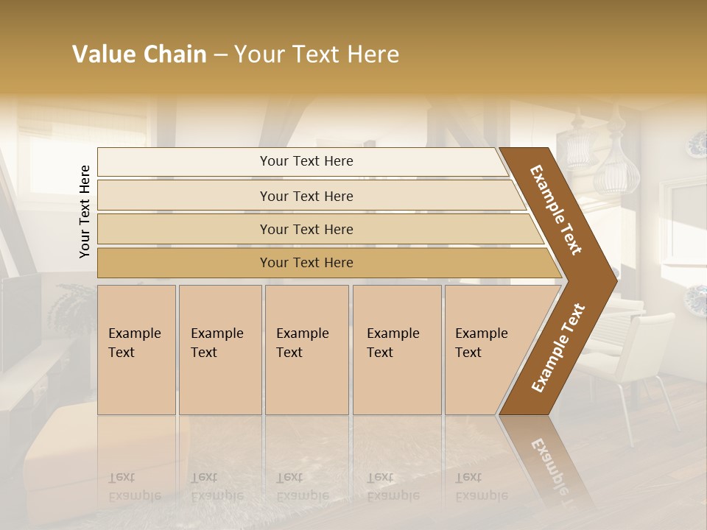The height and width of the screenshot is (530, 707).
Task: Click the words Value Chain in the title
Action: pos(139,54)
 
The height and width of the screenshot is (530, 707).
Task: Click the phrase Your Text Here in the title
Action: pos(317,54)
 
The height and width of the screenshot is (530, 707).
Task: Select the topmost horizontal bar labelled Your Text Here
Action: pos(306,161)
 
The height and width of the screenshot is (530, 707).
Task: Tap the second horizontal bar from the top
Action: pos(306,196)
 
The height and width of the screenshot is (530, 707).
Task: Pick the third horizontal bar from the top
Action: pos(306,229)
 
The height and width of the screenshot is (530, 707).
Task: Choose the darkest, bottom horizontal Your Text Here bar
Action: pos(306,263)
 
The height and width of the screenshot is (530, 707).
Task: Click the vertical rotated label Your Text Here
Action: pos(85,211)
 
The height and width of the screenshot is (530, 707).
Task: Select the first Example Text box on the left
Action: pos(136,350)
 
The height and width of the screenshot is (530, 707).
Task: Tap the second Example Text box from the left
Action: pos(219,350)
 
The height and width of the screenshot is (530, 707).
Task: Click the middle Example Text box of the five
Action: pos(306,350)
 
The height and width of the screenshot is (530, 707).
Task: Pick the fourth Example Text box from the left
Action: pos(396,350)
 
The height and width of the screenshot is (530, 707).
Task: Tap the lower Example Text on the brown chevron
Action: pos(558,347)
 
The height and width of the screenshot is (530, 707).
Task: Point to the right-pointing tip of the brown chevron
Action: pos(613,280)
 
